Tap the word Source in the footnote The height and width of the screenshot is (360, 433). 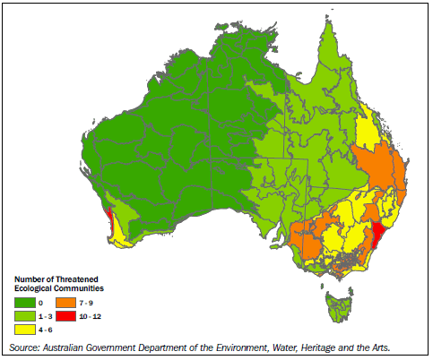[x=23, y=346]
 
